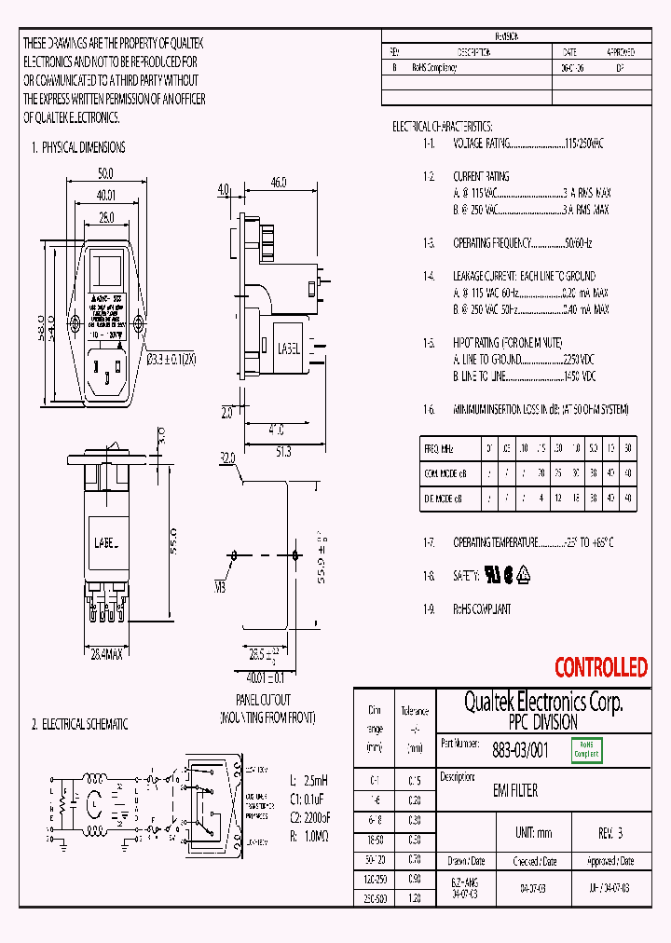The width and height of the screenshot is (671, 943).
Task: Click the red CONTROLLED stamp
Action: (600, 667)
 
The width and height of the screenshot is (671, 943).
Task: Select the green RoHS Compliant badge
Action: (586, 749)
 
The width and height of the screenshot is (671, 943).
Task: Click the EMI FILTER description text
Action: (514, 790)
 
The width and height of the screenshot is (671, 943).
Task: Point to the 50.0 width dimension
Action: (105, 174)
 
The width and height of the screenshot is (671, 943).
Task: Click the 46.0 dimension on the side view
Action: (278, 183)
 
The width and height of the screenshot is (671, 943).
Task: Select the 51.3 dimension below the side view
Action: (282, 451)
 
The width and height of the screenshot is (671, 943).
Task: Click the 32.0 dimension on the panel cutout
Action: (226, 458)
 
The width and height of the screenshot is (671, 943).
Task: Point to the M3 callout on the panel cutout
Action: (221, 587)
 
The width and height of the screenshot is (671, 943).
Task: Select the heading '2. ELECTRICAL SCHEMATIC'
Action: (79, 724)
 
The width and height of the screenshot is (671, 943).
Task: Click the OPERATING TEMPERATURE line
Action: (495, 542)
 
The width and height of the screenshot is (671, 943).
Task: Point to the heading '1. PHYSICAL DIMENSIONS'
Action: (78, 147)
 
